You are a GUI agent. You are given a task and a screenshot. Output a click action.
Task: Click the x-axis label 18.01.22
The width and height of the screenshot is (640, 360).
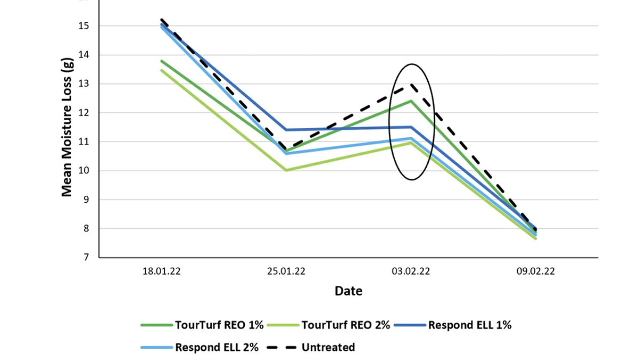click(161, 271)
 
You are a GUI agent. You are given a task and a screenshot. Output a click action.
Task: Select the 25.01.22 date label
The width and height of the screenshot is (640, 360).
click(286, 271)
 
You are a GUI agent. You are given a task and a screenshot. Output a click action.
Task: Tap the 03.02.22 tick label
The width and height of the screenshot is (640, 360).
click(411, 271)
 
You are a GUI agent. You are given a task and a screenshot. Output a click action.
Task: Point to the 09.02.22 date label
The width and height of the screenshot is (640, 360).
click(536, 271)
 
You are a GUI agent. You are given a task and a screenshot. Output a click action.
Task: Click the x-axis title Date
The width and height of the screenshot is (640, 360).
click(348, 291)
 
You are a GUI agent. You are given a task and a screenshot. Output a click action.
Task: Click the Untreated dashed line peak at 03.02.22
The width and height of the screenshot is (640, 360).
click(411, 84)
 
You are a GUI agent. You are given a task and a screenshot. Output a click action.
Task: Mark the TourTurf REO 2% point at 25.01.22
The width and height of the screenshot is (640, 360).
click(286, 170)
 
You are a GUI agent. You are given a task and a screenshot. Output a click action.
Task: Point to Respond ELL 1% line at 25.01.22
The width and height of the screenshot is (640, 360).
click(286, 130)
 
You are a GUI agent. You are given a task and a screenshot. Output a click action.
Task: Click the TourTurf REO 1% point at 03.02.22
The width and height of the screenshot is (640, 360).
click(411, 101)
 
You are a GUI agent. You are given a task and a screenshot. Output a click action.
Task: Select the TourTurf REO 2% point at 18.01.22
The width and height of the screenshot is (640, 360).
click(162, 70)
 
